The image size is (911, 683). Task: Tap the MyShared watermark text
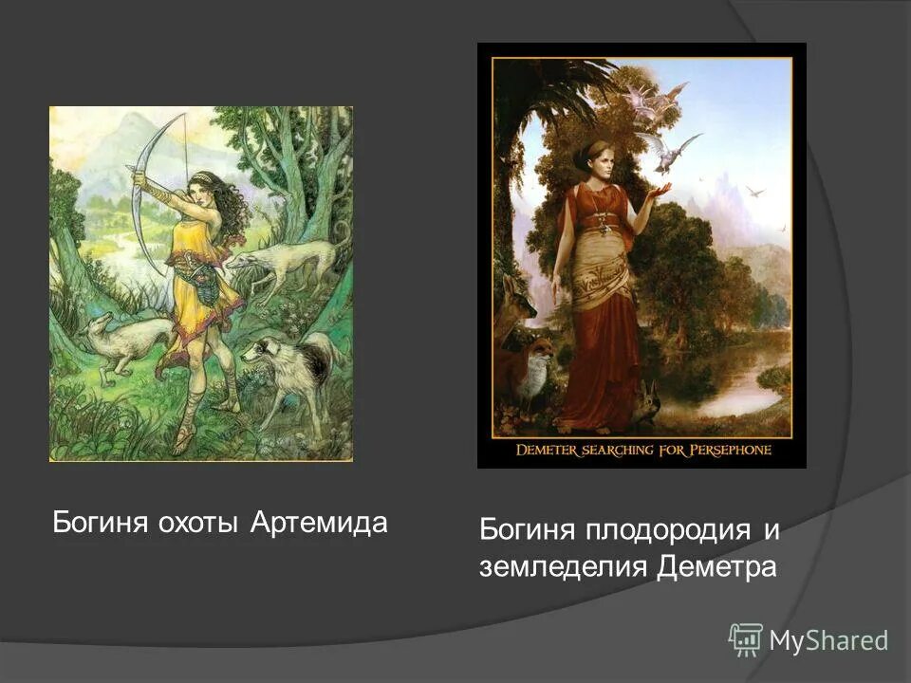pos(828,640)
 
